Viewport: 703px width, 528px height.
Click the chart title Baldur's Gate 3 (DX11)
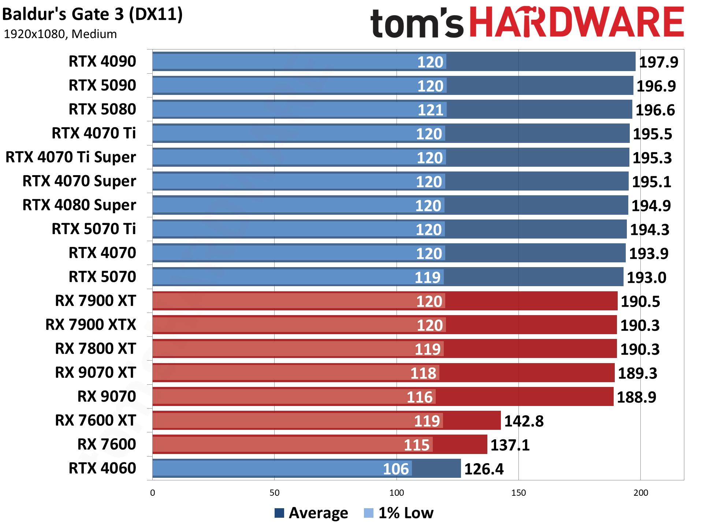pos(92,15)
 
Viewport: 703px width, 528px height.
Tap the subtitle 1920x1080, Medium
pos(60,34)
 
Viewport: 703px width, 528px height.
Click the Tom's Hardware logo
pos(527,23)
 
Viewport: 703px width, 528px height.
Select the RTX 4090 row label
pos(102,61)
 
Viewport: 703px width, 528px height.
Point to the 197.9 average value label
pos(658,62)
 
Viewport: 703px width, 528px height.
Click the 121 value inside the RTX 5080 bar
pos(431,110)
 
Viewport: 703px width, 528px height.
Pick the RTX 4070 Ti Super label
pos(71,157)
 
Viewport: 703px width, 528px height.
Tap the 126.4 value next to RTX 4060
pos(484,469)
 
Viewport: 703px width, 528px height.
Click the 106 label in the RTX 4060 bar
pos(396,469)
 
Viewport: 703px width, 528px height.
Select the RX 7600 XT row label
pos(95,420)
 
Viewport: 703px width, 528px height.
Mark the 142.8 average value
pos(524,421)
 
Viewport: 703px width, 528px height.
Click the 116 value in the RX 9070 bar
pos(420,397)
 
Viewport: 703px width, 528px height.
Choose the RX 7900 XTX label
pos(90,325)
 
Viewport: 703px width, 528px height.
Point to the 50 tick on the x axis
pos(275,493)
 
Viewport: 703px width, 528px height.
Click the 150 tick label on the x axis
pos(518,493)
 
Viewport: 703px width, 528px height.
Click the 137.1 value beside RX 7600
pos(510,445)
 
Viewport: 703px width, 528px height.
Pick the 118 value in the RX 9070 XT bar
pos(423,373)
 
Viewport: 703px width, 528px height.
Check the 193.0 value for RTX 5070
pos(647,278)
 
